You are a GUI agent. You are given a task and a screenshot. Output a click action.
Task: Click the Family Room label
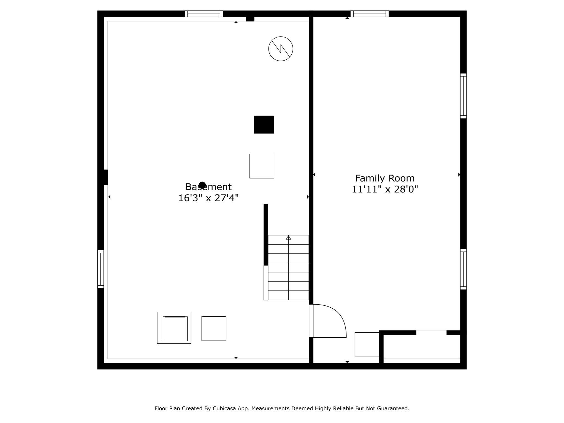tap(385, 178)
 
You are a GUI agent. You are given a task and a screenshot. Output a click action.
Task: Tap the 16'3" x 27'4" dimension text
tap(208, 198)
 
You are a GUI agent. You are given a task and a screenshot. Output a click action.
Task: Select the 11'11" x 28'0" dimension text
tap(385, 189)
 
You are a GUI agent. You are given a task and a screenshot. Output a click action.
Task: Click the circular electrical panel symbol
tap(281, 49)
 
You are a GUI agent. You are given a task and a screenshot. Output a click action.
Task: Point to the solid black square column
tap(264, 124)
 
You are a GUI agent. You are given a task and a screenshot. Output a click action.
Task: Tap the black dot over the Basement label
tap(202, 185)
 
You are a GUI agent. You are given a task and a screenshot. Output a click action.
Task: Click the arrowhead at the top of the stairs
tap(288, 237)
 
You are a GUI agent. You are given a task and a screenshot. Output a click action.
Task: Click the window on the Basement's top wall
tap(204, 14)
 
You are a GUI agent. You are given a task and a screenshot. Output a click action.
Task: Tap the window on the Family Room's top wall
tap(370, 14)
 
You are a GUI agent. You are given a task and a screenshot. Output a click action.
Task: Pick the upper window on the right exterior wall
tap(463, 96)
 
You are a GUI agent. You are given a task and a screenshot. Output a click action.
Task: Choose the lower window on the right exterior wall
tap(463, 269)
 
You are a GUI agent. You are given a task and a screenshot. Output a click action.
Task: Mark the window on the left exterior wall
tap(101, 269)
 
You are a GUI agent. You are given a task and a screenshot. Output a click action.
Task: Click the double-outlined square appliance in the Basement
tap(174, 328)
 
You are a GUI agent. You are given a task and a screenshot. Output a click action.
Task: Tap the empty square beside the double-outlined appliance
tap(214, 329)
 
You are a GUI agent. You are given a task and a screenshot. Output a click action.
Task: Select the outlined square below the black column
tap(262, 166)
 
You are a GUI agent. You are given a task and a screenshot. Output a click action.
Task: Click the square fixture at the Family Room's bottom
tap(367, 345)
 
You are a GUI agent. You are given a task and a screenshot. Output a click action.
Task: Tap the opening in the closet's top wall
tap(431, 332)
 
